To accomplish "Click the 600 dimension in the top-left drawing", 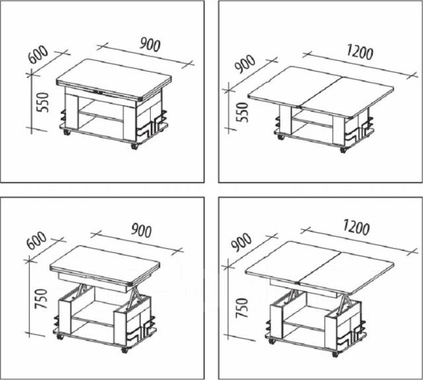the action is point(38,55).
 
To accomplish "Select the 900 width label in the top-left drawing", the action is point(150,44).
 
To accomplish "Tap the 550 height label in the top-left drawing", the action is point(43,103).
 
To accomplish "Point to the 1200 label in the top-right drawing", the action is point(360,52).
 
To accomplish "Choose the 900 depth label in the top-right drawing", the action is point(245,64).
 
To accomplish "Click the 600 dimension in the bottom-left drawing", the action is point(37,240).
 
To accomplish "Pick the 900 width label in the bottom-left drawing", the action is point(141,230).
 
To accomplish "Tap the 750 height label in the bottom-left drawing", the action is point(41,299).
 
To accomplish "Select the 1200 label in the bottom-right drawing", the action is point(356,227).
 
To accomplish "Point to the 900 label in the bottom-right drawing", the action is point(241,242).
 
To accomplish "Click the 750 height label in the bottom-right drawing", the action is point(241,308).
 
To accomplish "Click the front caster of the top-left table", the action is point(134,146).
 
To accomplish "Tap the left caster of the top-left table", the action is point(66,132).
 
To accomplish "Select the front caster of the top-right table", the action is point(343,150).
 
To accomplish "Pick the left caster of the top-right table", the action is point(281,137).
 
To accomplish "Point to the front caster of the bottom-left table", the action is point(124,350).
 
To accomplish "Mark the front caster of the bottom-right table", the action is point(335,354).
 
